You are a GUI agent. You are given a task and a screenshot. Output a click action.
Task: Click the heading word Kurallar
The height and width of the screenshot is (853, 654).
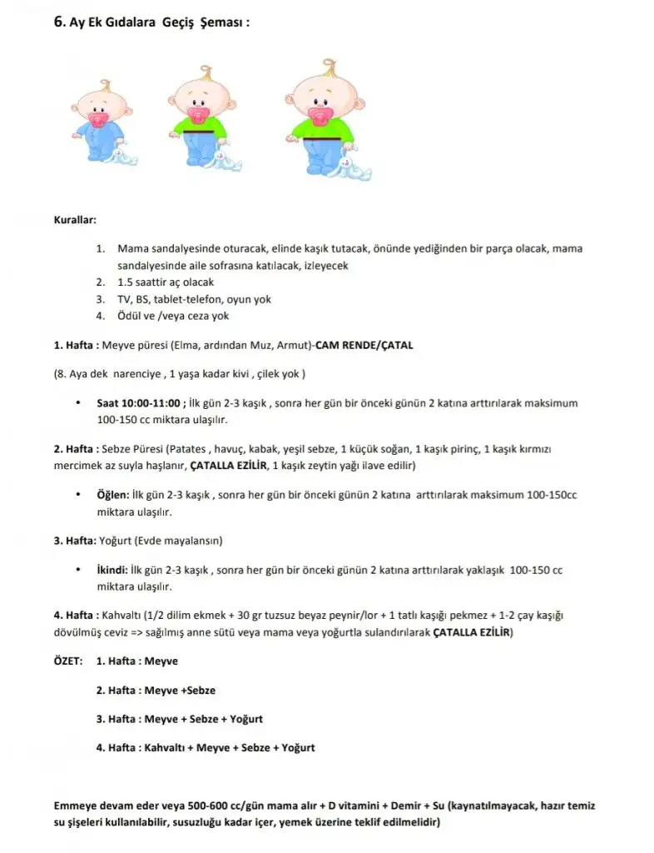coord(75,221)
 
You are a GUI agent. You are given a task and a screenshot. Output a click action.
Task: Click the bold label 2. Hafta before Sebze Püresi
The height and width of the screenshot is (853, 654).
coord(75,448)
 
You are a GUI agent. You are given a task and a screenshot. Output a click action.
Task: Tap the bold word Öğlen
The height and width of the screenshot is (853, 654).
coord(113,494)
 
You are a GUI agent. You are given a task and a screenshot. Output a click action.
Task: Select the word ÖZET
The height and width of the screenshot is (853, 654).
coord(67,661)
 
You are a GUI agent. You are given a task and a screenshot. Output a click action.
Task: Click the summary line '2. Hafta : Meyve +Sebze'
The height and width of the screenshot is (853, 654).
coord(156,690)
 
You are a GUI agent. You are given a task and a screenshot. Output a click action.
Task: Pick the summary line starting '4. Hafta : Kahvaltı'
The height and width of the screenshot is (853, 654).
coord(206,747)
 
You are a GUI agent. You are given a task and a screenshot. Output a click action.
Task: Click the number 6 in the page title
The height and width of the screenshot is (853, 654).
coord(58,22)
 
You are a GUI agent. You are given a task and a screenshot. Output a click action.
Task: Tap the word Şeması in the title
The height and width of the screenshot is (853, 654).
coord(223,22)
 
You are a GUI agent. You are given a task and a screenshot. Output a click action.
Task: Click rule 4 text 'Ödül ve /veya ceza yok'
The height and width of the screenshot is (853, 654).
coord(173,316)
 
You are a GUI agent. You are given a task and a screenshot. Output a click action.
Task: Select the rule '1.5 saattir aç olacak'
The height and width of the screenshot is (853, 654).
coord(166,282)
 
